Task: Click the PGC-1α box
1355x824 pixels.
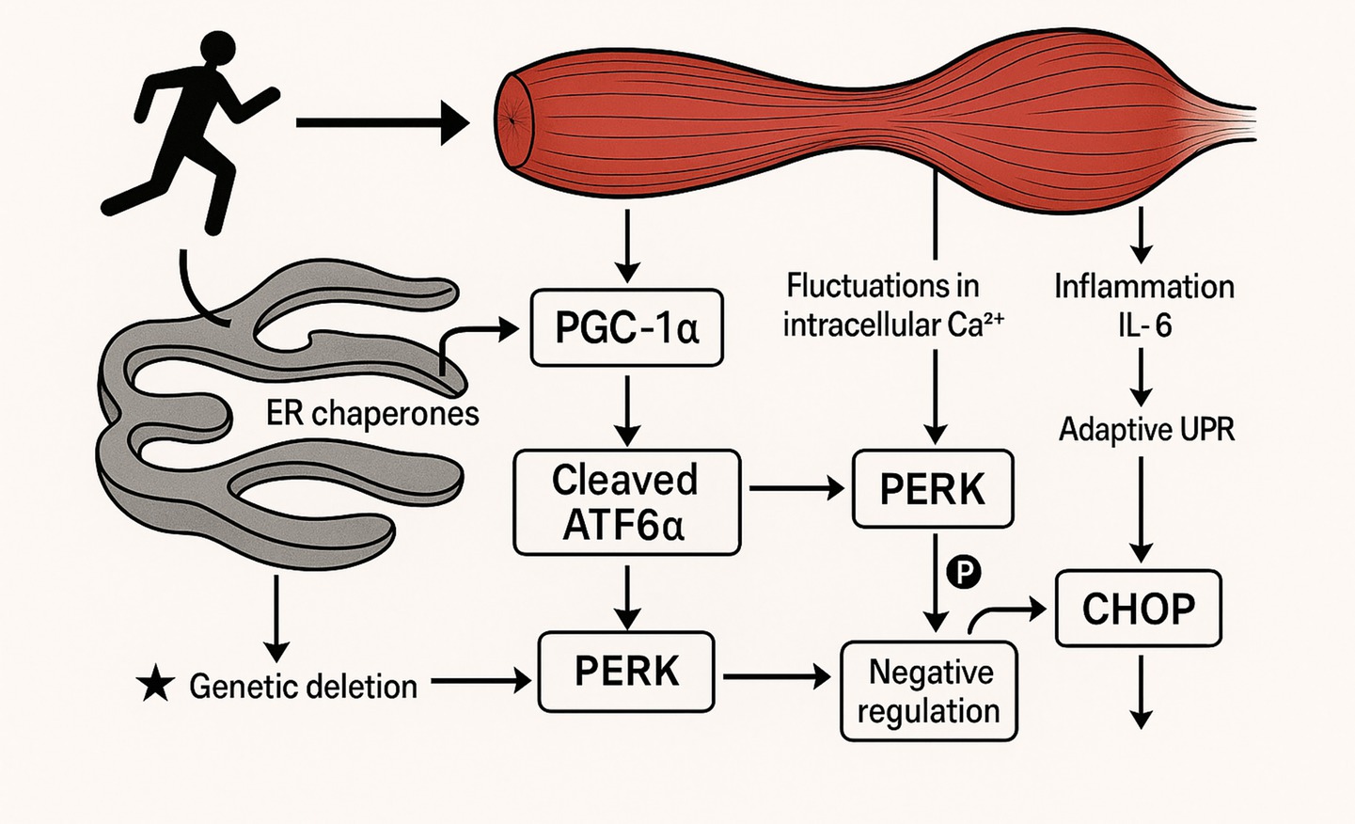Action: [626, 327]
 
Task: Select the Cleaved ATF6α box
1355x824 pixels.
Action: [626, 502]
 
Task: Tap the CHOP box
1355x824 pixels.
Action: [1138, 609]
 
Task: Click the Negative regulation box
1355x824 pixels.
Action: [928, 691]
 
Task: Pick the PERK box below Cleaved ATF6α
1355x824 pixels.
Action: [626, 672]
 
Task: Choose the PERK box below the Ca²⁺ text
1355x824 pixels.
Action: [932, 489]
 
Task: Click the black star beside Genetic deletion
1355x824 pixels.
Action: [155, 685]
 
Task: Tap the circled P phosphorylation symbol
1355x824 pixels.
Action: [964, 571]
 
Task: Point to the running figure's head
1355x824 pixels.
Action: [216, 52]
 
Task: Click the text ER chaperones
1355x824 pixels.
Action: [372, 413]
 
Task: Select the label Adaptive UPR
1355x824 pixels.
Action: [1146, 430]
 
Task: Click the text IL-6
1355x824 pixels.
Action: [1144, 325]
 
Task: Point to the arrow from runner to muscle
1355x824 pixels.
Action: [381, 122]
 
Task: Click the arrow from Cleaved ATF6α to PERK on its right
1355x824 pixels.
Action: [796, 488]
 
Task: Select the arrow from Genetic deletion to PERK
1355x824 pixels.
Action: [481, 680]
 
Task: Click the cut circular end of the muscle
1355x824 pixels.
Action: [514, 119]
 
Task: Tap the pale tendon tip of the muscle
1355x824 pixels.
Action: [1232, 123]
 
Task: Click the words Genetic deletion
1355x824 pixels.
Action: [303, 686]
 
